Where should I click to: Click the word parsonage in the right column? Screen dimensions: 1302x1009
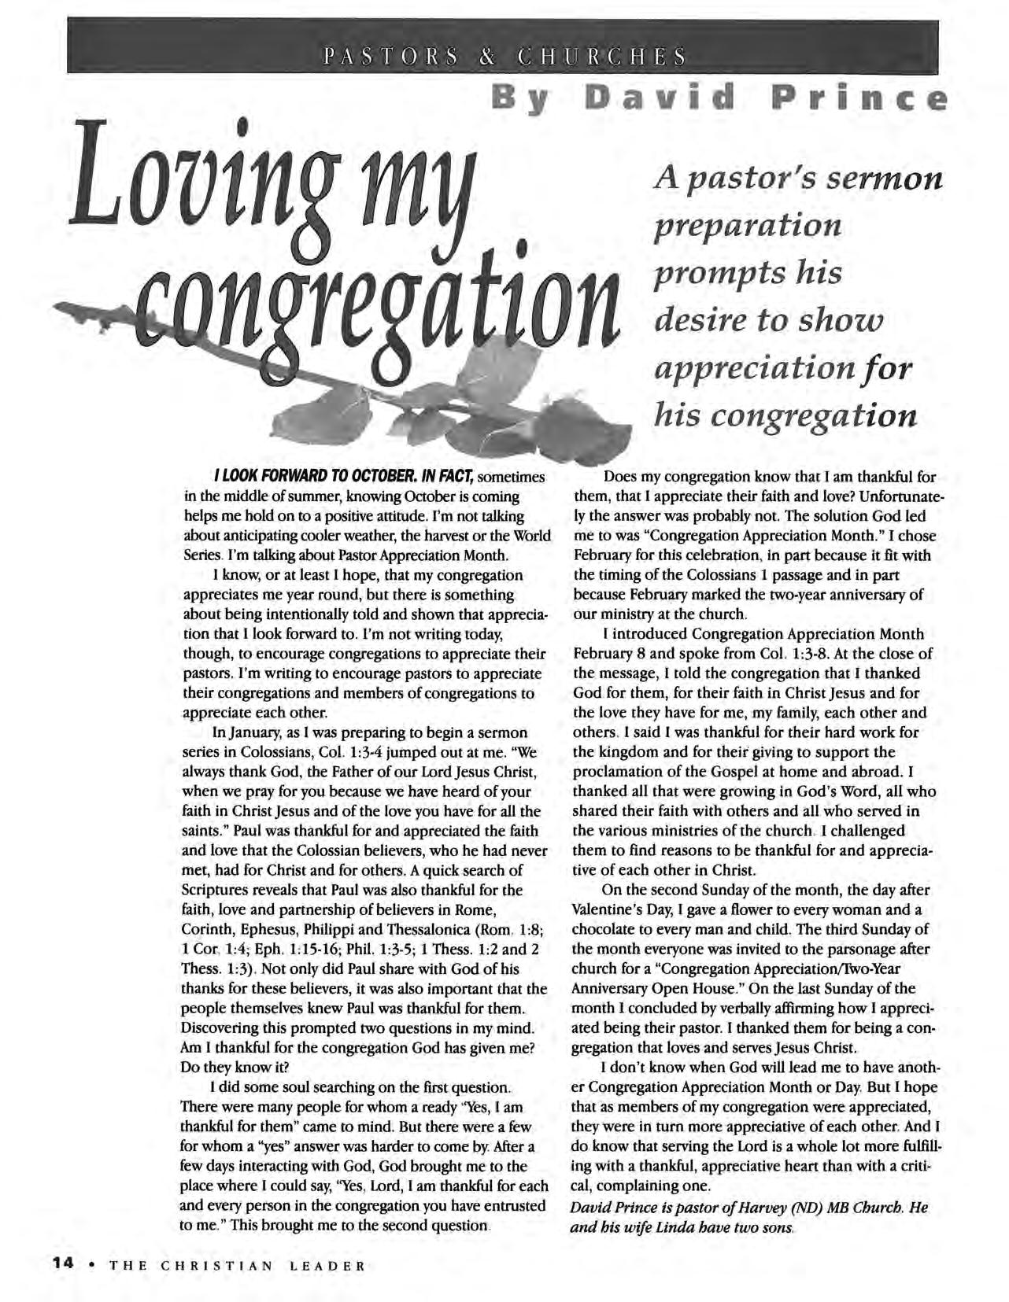[850, 949]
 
